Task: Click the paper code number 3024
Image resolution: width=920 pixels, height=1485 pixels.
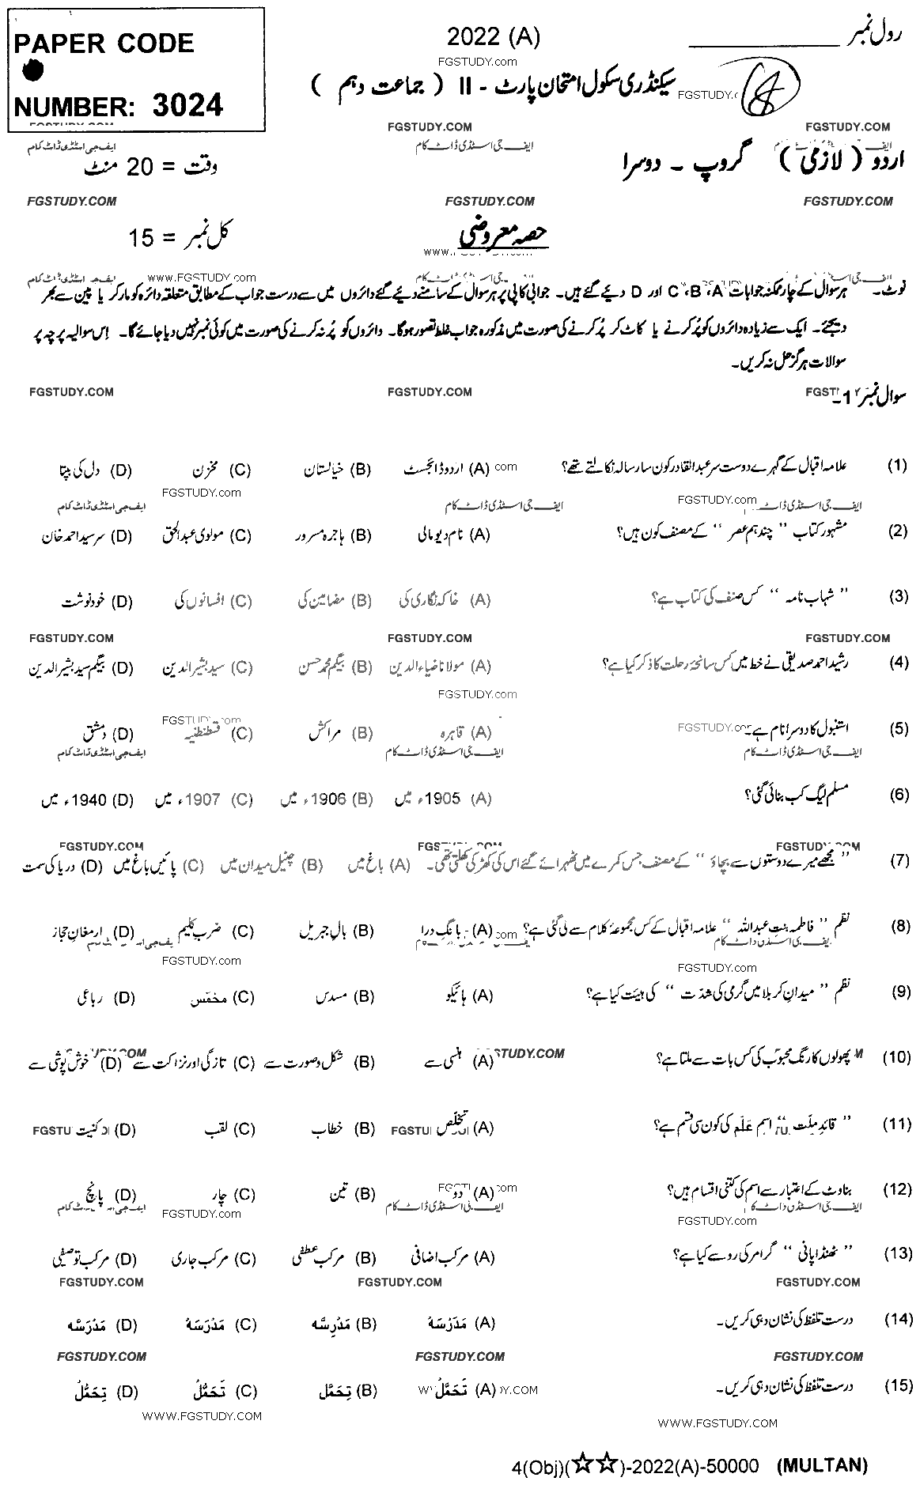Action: (x=187, y=105)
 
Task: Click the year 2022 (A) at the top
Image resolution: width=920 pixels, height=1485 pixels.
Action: (x=493, y=37)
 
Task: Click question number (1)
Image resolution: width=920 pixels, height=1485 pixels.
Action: (x=897, y=466)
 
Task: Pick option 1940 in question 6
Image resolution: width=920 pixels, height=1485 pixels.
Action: (x=88, y=799)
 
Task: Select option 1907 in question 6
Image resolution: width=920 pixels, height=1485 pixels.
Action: (x=203, y=799)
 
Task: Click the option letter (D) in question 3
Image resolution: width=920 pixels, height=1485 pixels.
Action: (x=121, y=602)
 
